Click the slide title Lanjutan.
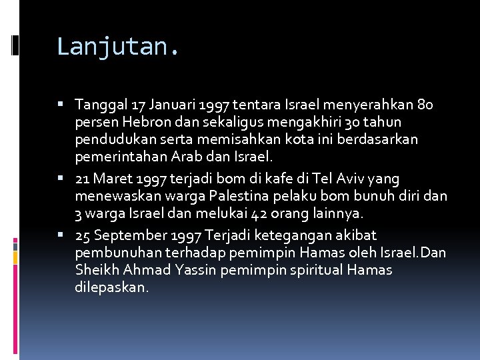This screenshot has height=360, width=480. (118, 47)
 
